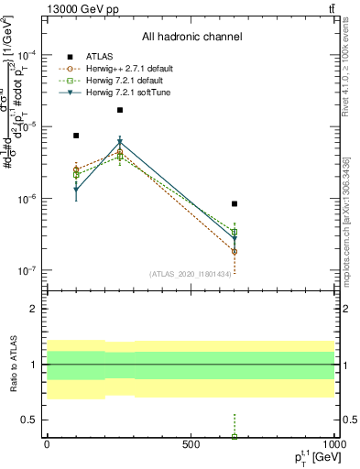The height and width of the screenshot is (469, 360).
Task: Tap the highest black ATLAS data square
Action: click(x=120, y=110)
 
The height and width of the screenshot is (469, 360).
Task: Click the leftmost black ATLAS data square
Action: click(x=76, y=136)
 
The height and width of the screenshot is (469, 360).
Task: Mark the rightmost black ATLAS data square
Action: click(x=235, y=203)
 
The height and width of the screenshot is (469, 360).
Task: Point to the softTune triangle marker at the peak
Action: click(x=120, y=142)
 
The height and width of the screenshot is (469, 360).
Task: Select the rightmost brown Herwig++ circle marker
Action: click(x=235, y=252)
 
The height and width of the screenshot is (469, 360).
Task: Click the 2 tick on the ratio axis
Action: click(x=34, y=309)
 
